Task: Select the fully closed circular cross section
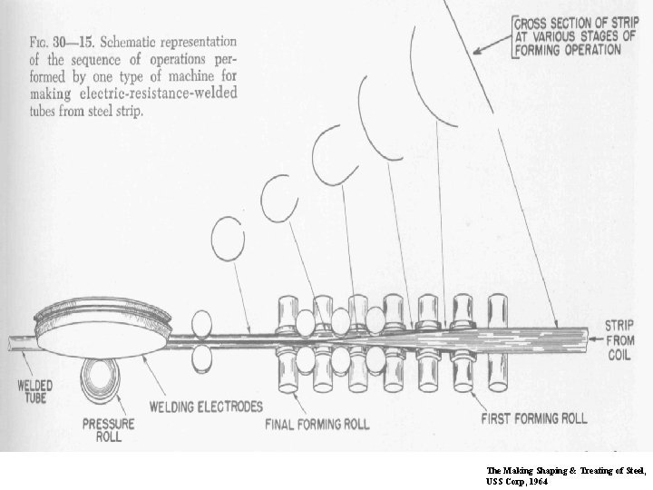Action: pos(228,238)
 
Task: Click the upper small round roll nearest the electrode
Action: pos(200,322)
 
